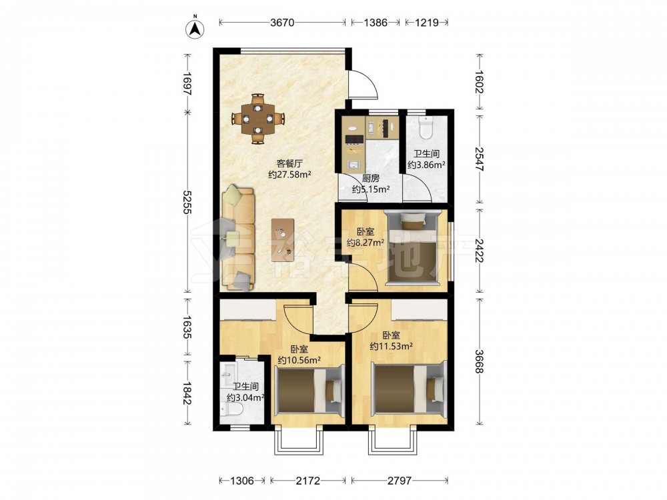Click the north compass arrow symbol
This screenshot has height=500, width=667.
point(195,27)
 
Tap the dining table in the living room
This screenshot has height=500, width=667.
point(257,119)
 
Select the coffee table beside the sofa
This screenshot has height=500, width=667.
point(283,240)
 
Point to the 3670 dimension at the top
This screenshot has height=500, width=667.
point(282,23)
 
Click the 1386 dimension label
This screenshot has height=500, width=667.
point(376,23)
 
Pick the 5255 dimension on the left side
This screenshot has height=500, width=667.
point(187,202)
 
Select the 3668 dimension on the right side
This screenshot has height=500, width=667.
point(480,361)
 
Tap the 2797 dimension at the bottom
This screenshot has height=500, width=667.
point(400,481)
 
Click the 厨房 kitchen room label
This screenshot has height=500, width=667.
point(370,179)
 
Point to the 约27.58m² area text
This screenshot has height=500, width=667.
point(289,174)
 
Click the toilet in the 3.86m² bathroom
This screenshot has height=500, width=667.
point(426,127)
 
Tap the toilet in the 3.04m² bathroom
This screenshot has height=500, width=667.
point(232,409)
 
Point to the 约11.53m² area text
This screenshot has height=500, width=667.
point(392,347)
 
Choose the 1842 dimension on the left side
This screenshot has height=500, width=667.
point(187,393)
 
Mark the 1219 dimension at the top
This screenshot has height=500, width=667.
point(427,23)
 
